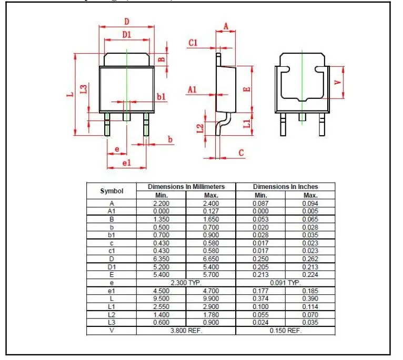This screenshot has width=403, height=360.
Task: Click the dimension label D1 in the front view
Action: [126, 35]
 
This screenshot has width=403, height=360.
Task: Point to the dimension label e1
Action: [126, 163]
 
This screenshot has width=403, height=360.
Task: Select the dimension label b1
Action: [162, 96]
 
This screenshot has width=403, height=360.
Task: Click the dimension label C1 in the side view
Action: [193, 43]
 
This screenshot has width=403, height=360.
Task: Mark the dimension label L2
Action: [200, 128]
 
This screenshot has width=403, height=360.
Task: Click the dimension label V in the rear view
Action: [338, 82]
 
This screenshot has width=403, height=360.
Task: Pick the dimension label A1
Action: [193, 90]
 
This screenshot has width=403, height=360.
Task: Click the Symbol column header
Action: [112, 191]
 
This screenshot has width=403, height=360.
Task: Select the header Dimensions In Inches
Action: [285, 187]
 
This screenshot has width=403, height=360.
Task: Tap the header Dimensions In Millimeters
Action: [186, 187]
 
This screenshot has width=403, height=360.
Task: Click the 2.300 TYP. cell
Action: [186, 283]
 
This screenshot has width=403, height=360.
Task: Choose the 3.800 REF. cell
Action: [186, 331]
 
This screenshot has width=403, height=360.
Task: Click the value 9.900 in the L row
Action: [210, 298]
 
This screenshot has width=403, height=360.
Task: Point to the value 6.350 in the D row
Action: [161, 258]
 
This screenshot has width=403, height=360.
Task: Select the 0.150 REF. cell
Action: [285, 331]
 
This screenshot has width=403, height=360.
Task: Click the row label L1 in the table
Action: [112, 306]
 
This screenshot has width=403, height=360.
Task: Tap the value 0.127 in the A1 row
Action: [210, 211]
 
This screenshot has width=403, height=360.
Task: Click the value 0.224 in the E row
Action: [310, 275]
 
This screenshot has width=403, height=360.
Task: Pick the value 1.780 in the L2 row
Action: [210, 314]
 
